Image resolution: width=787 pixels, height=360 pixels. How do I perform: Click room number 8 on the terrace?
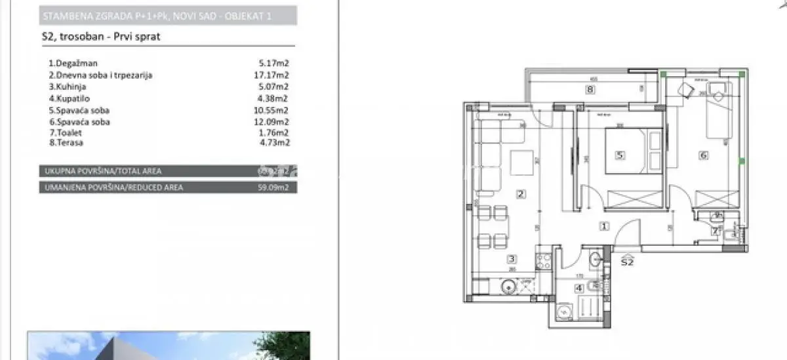pos(590,90)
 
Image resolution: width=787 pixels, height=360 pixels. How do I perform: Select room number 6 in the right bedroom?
pos(703,155)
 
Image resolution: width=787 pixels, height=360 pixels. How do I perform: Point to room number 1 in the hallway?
pos(604,226)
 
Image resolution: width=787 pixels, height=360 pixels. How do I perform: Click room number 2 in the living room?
pos(520,193)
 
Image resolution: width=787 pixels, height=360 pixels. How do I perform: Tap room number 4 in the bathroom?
pos(578,287)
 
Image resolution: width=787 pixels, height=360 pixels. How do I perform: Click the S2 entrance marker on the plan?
pos(627,262)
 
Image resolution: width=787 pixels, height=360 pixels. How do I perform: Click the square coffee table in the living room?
pos(523,162)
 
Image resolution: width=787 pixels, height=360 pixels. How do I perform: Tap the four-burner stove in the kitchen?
pos(544,262)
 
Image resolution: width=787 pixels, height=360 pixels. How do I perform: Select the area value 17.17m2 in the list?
pos(273,75)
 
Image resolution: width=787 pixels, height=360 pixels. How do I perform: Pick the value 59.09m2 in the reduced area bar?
pos(273,187)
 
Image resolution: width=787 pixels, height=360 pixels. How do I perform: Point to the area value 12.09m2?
pos(273,122)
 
